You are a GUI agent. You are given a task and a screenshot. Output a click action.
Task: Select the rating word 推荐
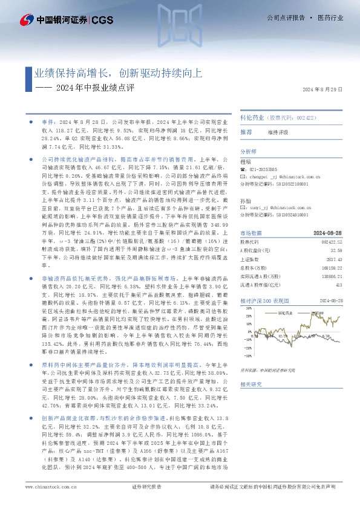246,131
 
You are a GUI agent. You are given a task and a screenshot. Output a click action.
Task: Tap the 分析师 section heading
249,152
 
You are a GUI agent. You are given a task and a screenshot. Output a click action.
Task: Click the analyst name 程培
245,162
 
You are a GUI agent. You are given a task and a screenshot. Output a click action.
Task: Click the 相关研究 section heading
251,384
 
